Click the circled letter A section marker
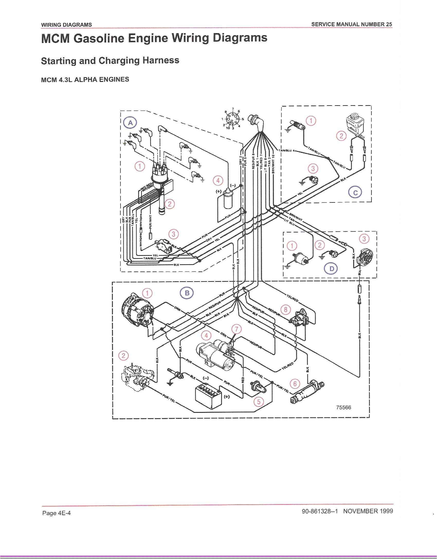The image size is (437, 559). [130, 123]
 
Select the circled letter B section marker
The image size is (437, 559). [187, 293]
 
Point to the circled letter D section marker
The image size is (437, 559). [331, 269]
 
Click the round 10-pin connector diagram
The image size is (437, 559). [232, 119]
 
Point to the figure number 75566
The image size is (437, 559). [343, 407]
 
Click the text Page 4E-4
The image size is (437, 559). [56, 513]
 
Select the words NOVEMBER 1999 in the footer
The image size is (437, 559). [368, 511]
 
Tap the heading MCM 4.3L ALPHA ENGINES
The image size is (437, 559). [85, 80]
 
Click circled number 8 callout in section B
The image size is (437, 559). [286, 310]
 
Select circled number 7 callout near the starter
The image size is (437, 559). [236, 329]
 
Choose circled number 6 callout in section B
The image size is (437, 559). [295, 384]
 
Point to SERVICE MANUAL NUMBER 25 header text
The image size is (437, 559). [351, 24]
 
